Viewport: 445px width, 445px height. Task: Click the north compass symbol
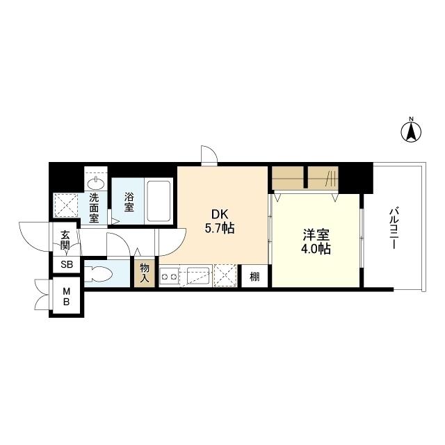[x=411, y=131]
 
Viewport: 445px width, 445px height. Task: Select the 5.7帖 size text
[x=220, y=227]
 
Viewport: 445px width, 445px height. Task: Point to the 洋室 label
[x=316, y=235]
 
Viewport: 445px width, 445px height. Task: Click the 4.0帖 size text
[x=316, y=249]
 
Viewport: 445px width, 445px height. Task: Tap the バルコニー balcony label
[x=394, y=229]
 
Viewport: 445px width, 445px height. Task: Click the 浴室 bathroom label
[x=129, y=202]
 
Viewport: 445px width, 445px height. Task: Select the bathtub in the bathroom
[x=159, y=201]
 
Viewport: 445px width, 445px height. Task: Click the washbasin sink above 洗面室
[x=96, y=184]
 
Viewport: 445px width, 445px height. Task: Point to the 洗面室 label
[x=94, y=207]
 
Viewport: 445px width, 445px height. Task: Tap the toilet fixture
[x=99, y=274]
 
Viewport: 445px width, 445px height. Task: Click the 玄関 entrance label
[x=65, y=240]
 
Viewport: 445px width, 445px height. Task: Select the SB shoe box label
[x=67, y=264]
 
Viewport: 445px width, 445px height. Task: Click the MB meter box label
[x=66, y=297]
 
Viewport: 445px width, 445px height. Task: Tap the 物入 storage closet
[x=145, y=273]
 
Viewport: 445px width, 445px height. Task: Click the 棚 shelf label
[x=254, y=276]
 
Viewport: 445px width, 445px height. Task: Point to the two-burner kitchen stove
[x=169, y=277]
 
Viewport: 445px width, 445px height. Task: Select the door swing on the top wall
[x=209, y=155]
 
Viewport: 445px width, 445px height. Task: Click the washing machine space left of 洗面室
[x=66, y=206]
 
